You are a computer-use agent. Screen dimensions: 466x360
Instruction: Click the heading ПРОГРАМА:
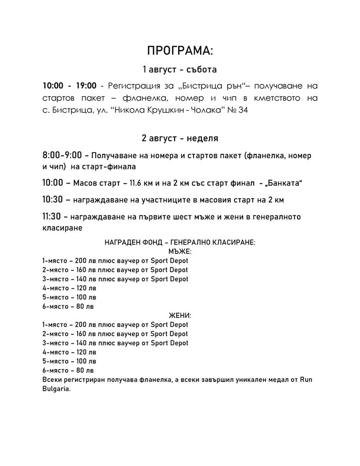click(x=180, y=51)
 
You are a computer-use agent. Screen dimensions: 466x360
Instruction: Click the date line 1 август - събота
click(x=180, y=70)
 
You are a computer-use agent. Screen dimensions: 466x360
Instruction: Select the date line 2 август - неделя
click(x=180, y=138)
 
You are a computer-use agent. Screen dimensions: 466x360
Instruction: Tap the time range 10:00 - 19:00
click(x=69, y=86)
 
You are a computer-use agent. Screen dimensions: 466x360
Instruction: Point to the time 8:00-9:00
click(x=62, y=156)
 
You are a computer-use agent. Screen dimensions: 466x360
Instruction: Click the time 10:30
click(x=53, y=200)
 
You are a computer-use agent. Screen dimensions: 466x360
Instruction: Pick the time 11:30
click(x=53, y=216)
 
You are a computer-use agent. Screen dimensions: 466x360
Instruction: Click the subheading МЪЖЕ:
click(x=180, y=251)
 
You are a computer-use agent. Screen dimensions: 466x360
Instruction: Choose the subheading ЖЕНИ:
click(x=180, y=316)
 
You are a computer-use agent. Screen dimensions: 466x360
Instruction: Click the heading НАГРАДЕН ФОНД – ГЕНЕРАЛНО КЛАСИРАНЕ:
click(x=180, y=242)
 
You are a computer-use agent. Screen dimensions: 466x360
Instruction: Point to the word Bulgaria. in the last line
click(x=57, y=389)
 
